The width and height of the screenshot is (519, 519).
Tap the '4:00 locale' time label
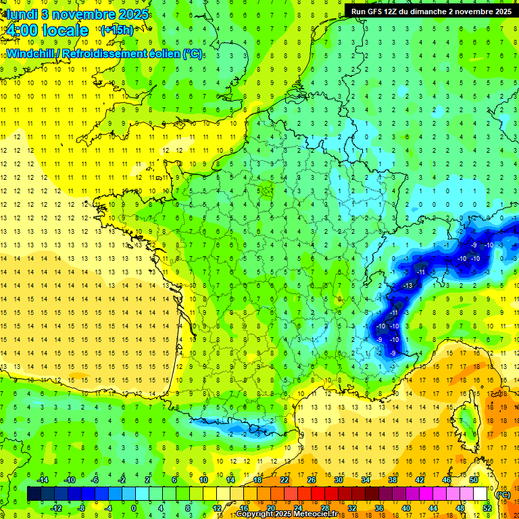tap(46, 30)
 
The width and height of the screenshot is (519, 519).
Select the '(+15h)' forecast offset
tap(117, 30)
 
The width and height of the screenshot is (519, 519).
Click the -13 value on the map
tap(407, 286)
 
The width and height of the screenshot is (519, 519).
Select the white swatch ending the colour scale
tap(480, 494)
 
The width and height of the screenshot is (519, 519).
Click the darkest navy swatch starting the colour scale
tap(34, 494)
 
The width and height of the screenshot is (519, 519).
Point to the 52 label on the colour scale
tap(487, 508)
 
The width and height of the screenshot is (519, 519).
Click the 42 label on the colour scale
tap(420, 480)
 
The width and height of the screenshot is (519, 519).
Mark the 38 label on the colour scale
tap(393, 480)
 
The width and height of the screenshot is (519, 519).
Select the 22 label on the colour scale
tap(285, 480)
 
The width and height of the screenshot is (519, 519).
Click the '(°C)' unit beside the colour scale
tap(503, 494)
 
